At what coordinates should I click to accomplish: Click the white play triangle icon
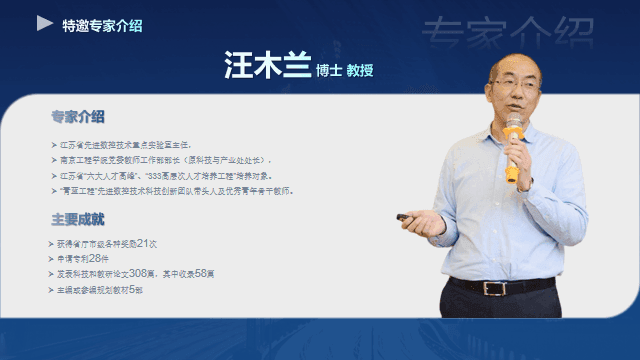pos(45,22)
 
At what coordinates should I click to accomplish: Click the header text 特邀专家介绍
pos(102,25)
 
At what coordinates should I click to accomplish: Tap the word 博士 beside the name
pos(328,70)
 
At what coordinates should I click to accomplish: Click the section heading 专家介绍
pos(79,117)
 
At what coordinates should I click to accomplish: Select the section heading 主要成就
pos(79,219)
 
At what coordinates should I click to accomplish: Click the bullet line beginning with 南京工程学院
pos(165,159)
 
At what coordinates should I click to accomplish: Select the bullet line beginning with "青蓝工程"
pos(175,189)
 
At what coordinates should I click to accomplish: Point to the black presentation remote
pos(407,217)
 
